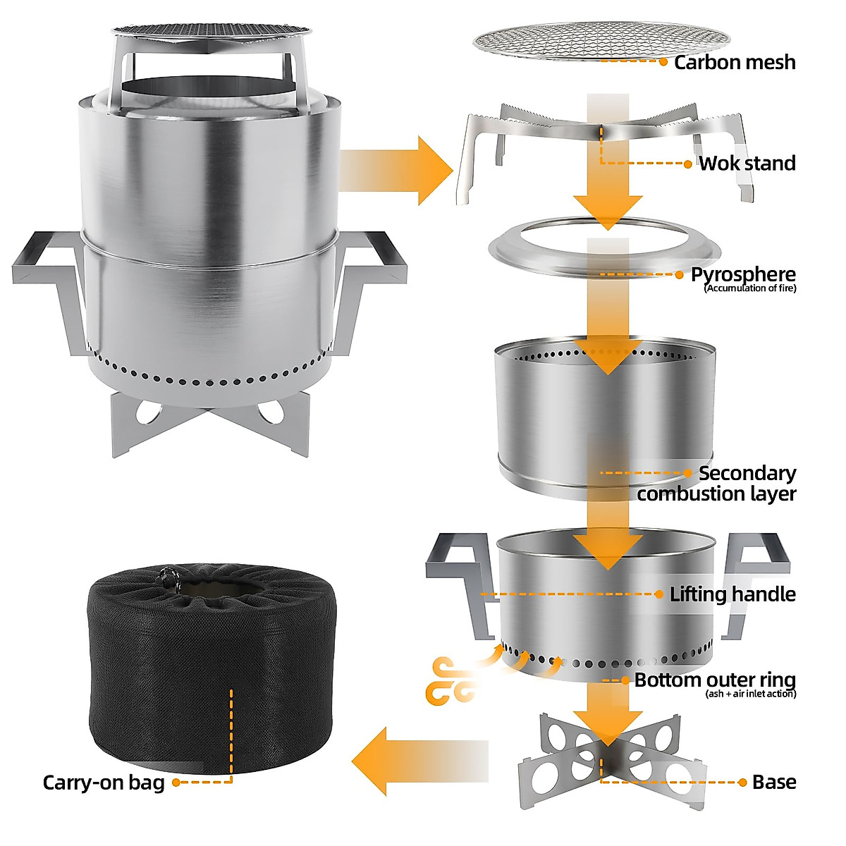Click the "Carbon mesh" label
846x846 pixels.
pyautogui.click(x=735, y=62)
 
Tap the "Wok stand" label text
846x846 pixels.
pyautogui.click(x=747, y=164)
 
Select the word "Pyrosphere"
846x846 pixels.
pyautogui.click(x=743, y=274)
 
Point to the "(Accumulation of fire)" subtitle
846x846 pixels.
pyautogui.click(x=750, y=288)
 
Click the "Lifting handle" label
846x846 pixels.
pyautogui.click(x=732, y=594)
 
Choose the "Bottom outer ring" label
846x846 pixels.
pyautogui.click(x=715, y=680)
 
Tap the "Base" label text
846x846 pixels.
pyautogui.click(x=774, y=782)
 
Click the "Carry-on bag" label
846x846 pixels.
pyautogui.click(x=104, y=783)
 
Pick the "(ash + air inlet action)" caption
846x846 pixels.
pyautogui.click(x=751, y=694)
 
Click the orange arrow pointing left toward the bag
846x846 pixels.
pyautogui.click(x=416, y=761)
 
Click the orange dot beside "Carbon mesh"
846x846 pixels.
pyautogui.click(x=663, y=62)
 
